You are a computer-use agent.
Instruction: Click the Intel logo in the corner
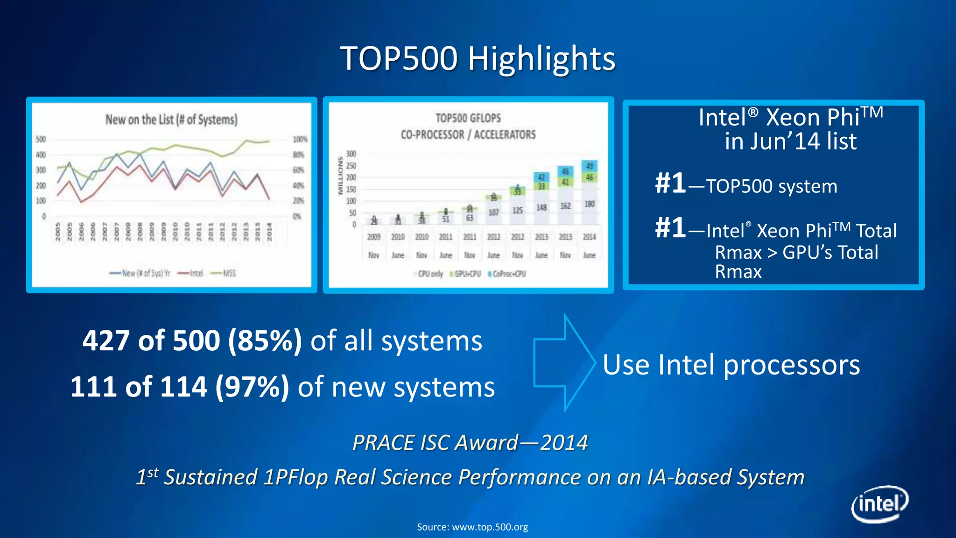(x=879, y=504)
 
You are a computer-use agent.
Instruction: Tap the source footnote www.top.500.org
(x=472, y=527)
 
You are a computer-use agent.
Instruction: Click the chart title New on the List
(x=171, y=120)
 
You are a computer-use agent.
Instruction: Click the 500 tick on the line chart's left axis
(x=41, y=139)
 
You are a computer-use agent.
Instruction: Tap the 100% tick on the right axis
(x=300, y=139)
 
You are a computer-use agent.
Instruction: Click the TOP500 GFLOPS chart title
(x=468, y=118)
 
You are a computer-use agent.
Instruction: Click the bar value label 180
(x=590, y=204)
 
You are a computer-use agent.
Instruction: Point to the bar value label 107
(x=493, y=212)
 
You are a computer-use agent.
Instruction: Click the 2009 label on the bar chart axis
(x=374, y=237)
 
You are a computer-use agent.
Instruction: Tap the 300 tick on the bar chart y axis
(x=351, y=154)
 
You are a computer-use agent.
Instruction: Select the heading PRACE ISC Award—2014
(x=470, y=443)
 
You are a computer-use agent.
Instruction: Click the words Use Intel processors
(x=731, y=365)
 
